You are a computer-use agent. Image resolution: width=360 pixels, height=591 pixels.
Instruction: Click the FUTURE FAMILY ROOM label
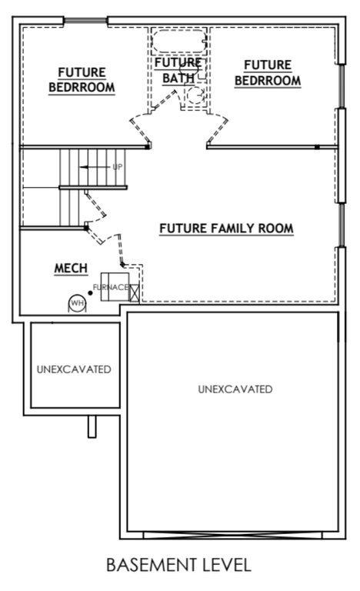click(226, 229)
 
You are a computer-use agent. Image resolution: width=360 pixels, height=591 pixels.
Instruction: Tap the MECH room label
click(71, 269)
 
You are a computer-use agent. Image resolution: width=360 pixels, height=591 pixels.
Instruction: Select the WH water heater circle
click(77, 303)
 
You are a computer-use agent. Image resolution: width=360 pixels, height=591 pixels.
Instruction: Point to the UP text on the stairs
click(117, 167)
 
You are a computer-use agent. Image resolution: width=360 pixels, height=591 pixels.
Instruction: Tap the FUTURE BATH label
click(178, 70)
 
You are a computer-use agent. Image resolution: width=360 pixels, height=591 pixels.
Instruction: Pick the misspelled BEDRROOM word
click(267, 80)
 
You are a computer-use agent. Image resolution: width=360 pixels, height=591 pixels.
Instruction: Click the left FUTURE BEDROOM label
click(82, 80)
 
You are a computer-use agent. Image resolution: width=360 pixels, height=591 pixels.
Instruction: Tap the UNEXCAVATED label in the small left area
click(74, 369)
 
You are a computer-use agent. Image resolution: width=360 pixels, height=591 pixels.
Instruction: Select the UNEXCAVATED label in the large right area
click(235, 389)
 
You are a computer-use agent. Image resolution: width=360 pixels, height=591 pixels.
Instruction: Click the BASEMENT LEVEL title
click(178, 566)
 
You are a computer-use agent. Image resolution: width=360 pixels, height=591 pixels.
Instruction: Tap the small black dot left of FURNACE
click(90, 286)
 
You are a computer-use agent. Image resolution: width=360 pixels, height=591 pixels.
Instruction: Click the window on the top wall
click(85, 20)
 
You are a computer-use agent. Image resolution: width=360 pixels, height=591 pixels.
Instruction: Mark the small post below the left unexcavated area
click(92, 426)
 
